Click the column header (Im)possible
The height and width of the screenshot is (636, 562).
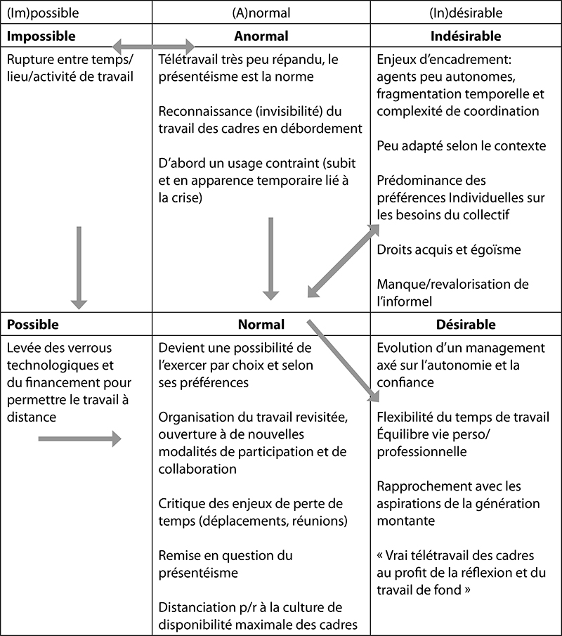tap(43, 13)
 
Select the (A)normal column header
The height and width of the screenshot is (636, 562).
tap(261, 13)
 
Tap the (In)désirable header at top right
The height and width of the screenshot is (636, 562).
tap(466, 13)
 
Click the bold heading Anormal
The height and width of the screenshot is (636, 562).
tap(261, 36)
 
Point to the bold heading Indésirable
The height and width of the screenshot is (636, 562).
tap(466, 36)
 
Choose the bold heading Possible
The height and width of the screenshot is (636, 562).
tap(33, 325)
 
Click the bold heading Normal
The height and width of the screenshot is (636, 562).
tap(261, 325)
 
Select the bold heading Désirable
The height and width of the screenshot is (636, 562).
tap(466, 325)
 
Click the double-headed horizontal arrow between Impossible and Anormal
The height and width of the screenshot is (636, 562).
tap(154, 46)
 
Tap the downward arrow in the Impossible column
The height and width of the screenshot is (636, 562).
tap(79, 268)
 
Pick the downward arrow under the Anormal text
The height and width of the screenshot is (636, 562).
tap(270, 259)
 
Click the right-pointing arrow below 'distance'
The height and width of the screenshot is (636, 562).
tap(80, 439)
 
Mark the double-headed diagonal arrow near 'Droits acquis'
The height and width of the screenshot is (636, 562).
tap(344, 261)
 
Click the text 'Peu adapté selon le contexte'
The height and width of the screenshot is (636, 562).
tap(462, 146)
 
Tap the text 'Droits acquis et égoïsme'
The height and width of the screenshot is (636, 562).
tap(449, 250)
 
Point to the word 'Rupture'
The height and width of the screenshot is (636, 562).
tap(30, 60)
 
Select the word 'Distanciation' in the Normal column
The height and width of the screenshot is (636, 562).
tap(198, 607)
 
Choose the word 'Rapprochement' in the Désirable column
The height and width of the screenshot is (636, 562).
tap(420, 486)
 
